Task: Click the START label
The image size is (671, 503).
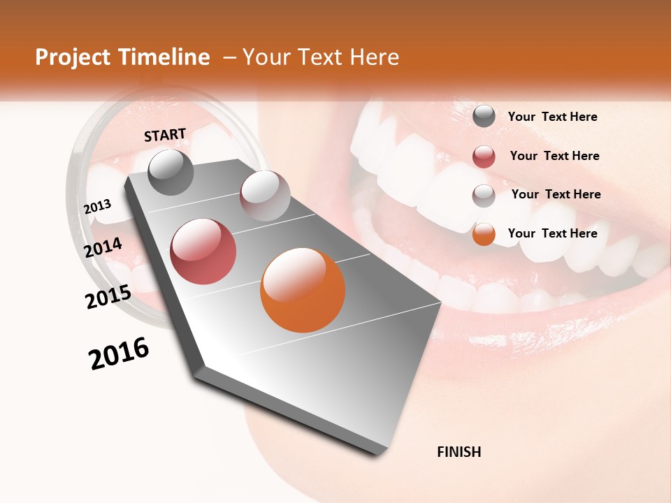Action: pos(165,135)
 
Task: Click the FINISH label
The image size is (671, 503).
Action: pos(459,452)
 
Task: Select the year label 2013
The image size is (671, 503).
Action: pos(98,206)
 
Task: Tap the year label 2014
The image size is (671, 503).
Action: pos(103,247)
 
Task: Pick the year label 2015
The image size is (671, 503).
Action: pos(108,297)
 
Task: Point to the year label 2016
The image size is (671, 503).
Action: pos(119,353)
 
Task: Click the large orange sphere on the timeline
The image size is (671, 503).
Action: pos(303,290)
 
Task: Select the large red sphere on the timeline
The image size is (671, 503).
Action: pos(203,251)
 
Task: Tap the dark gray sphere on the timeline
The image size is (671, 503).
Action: pos(171,172)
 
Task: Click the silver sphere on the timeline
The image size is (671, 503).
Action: pos(265,196)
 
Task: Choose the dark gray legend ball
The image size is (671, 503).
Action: pos(484,117)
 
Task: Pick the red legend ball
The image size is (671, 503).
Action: pos(484,156)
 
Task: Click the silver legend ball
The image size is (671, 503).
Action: pos(484,196)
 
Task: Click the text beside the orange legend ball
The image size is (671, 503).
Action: pos(552,233)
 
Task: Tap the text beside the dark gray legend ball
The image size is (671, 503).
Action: pos(552,117)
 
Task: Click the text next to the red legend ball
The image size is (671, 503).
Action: pos(554,156)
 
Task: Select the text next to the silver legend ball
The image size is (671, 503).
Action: pos(556,194)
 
